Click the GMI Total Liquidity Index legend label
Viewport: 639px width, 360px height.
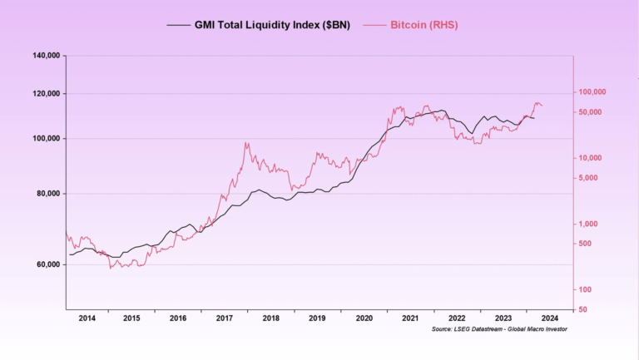[272, 25]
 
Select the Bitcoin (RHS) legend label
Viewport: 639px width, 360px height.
[424, 25]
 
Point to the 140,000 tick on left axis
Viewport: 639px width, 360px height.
[46, 56]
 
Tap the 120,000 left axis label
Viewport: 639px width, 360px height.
[46, 94]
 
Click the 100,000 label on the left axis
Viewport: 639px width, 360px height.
[46, 139]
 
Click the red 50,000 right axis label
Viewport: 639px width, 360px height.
[592, 111]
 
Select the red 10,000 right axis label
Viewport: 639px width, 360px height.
[592, 158]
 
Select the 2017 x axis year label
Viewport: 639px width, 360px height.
[225, 318]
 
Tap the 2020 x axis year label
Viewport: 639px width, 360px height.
[364, 318]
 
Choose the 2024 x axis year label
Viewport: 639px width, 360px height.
[549, 318]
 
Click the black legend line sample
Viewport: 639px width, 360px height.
[178, 25]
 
